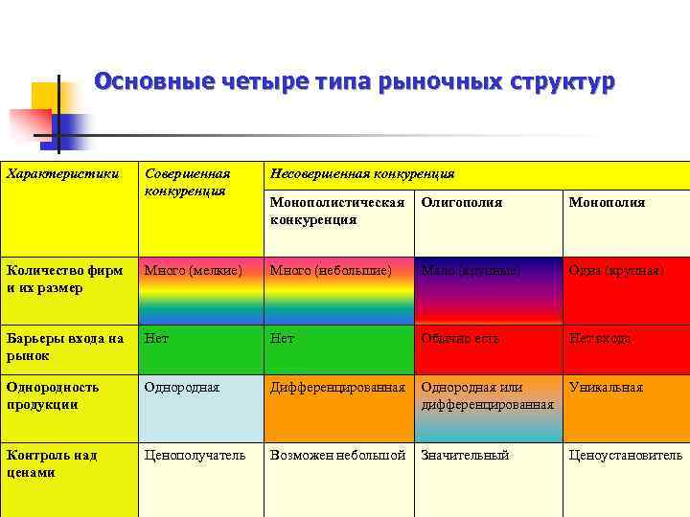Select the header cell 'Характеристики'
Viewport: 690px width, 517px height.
click(x=63, y=174)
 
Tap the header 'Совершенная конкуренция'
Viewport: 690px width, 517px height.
click(x=188, y=182)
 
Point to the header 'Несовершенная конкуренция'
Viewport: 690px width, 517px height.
click(x=362, y=174)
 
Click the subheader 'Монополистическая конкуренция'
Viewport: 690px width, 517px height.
click(x=337, y=211)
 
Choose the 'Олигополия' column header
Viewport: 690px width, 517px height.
click(x=462, y=202)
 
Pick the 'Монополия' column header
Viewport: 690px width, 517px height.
click(x=607, y=202)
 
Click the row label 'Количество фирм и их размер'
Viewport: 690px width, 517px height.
click(x=64, y=279)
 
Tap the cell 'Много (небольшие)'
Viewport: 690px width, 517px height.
click(x=331, y=271)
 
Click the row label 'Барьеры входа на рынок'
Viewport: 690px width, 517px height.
click(x=64, y=347)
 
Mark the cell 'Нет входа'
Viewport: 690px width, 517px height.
click(x=600, y=339)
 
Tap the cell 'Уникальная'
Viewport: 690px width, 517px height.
click(x=606, y=388)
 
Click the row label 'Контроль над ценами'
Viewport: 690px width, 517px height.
click(x=51, y=463)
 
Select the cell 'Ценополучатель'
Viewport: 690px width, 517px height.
click(x=195, y=456)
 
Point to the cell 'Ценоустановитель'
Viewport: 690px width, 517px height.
click(x=625, y=456)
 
